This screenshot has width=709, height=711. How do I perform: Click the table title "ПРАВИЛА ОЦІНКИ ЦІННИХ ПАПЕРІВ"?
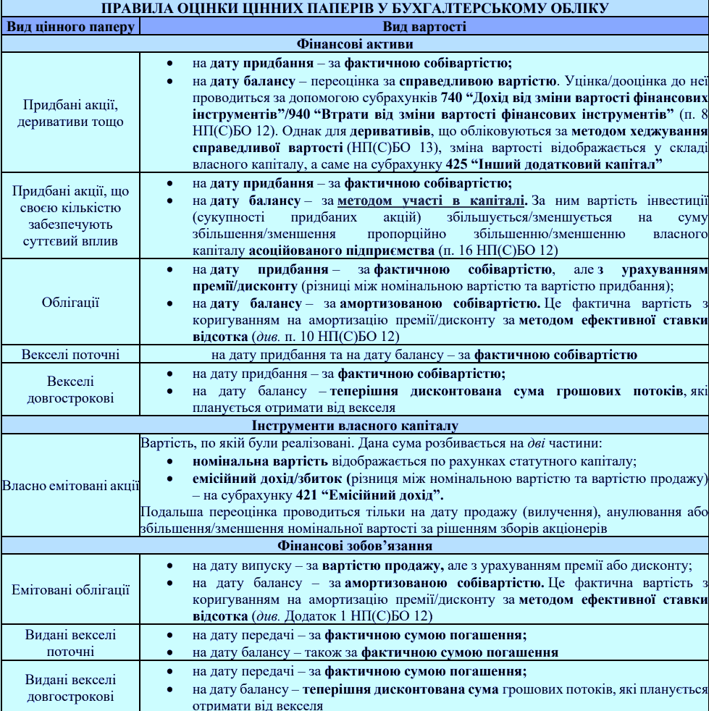pyautogui.click(x=354, y=9)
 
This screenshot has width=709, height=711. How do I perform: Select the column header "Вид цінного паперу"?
pyautogui.click(x=70, y=27)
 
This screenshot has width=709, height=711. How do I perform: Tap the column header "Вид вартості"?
pyautogui.click(x=424, y=27)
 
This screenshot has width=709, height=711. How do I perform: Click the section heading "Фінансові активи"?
pyautogui.click(x=354, y=43)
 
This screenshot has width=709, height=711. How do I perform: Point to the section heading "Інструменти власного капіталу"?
pyautogui.click(x=354, y=425)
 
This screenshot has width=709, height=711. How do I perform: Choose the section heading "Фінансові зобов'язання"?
pyautogui.click(x=354, y=545)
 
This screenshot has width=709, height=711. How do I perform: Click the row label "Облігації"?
pyautogui.click(x=70, y=302)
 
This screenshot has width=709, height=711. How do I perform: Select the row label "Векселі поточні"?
pyautogui.click(x=70, y=355)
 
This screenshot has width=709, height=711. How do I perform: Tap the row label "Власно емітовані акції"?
pyautogui.click(x=70, y=485)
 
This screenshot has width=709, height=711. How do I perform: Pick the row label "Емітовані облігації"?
pyautogui.click(x=70, y=589)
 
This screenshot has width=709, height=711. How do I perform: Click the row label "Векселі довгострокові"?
pyautogui.click(x=70, y=390)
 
